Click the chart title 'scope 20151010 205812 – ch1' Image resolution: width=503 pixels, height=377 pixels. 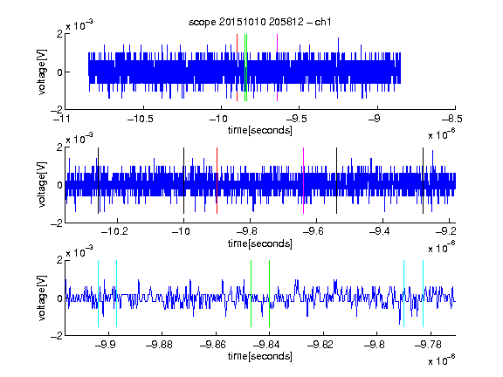tap(260, 22)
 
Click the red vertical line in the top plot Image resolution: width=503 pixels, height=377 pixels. tap(237, 68)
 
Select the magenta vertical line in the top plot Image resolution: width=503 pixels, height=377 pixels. tap(277, 68)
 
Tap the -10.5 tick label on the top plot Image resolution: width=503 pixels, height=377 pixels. tap(141, 119)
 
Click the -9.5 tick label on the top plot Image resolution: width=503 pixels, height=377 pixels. tap(296, 119)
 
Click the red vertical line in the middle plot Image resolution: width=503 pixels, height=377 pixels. tap(217, 181)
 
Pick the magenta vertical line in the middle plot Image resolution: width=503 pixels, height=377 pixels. tap(304, 181)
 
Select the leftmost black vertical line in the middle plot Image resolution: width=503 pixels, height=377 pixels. tap(98, 181)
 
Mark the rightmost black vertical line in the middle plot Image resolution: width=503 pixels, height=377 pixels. tap(424, 181)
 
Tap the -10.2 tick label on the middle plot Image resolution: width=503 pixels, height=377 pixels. tap(114, 231)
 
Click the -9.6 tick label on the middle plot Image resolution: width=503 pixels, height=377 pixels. tap(314, 231)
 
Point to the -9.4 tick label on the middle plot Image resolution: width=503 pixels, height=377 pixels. tap(379, 231)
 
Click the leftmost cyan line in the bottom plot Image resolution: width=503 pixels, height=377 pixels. tap(98, 293)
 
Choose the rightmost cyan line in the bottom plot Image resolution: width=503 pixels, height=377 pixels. tap(424, 293)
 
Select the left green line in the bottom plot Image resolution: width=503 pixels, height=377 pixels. tap(251, 293)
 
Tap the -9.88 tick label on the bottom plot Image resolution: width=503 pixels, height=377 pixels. tap(159, 345)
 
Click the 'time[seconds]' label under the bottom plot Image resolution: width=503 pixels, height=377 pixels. tap(260, 356)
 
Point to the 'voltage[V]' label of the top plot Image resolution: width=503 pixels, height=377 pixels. tap(42, 72)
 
